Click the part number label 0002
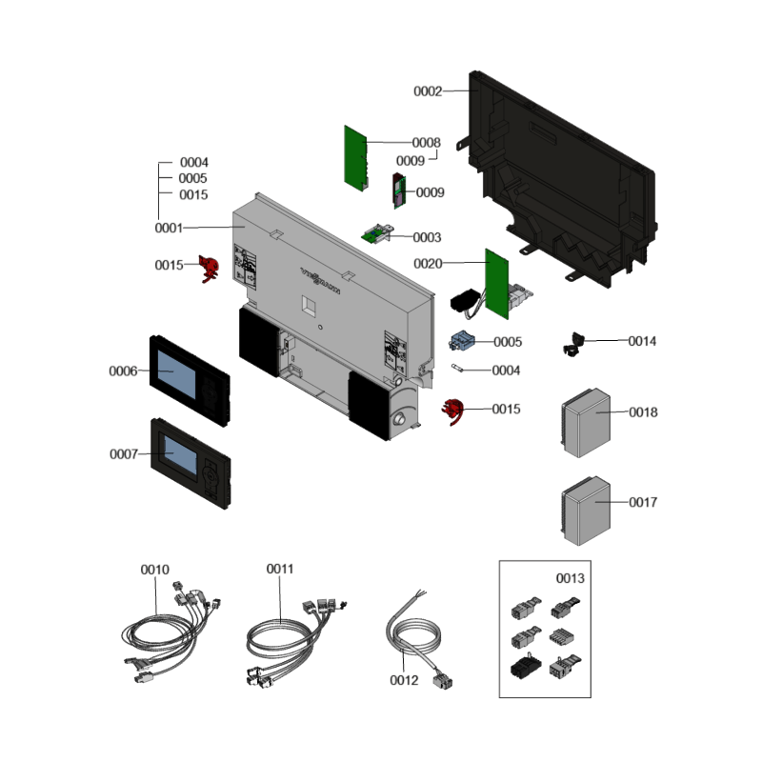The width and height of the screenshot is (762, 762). click(x=428, y=91)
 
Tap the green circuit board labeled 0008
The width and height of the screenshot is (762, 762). click(x=354, y=156)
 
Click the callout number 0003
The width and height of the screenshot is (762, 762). click(x=427, y=237)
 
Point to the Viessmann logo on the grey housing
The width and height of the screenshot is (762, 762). click(x=321, y=279)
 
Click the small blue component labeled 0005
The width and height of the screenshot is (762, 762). click(x=463, y=340)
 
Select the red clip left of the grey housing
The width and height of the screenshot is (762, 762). click(x=208, y=269)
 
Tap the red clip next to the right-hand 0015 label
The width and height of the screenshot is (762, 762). click(x=453, y=411)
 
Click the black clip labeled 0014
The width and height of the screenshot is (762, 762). click(x=575, y=343)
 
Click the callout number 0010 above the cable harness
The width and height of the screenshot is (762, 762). click(x=155, y=570)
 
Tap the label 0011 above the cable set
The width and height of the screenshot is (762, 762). click(x=280, y=569)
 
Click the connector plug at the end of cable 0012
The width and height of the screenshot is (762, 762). click(x=442, y=678)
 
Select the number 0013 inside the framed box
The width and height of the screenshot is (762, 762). click(x=571, y=578)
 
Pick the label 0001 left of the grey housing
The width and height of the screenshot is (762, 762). click(x=170, y=229)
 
